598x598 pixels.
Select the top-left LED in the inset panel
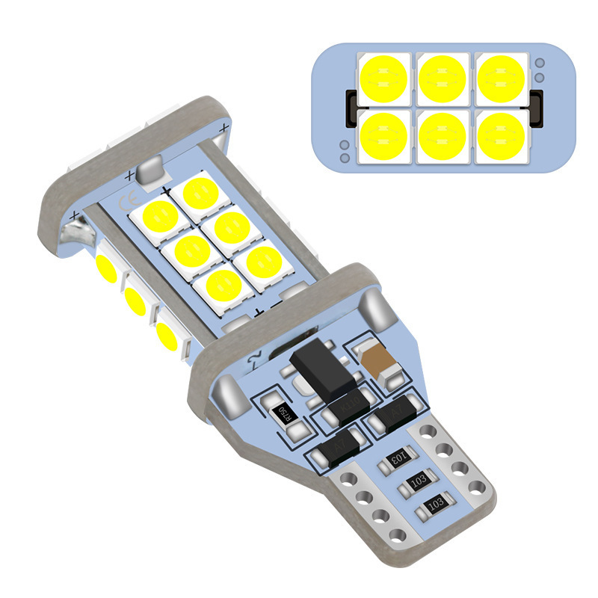pos(383,78)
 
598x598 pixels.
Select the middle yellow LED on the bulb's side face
pos(135,299)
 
